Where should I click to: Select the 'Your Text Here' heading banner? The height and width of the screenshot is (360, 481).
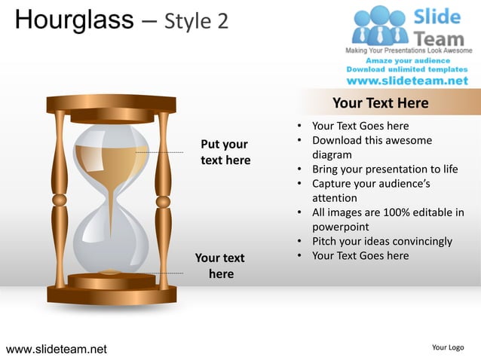click(380, 103)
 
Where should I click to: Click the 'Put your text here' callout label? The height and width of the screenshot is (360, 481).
click(225, 152)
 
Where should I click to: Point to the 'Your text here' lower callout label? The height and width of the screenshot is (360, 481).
click(220, 266)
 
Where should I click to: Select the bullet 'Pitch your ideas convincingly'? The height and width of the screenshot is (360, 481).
click(381, 241)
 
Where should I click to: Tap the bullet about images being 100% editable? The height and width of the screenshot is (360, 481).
click(388, 219)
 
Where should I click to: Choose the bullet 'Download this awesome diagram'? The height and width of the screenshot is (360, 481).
click(372, 148)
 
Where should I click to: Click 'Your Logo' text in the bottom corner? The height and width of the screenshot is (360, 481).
click(448, 347)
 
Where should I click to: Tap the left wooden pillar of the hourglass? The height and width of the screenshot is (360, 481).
click(60, 200)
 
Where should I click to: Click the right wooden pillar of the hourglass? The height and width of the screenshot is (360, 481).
click(162, 200)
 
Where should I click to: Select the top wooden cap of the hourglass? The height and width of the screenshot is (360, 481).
click(111, 104)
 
